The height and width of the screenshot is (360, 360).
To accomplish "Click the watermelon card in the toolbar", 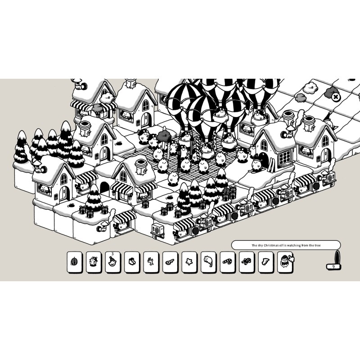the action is point(75,262).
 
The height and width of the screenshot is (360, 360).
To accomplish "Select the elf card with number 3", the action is point(113,262).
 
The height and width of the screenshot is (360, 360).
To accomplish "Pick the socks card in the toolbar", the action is point(132,262).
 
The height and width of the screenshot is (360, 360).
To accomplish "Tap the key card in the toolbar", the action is point(170,262).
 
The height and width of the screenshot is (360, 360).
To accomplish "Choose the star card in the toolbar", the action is point(189,262).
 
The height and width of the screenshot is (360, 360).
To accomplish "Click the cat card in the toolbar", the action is point(208,262).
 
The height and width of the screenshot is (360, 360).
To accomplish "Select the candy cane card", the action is point(228,262).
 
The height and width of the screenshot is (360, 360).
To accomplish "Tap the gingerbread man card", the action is point(247,262).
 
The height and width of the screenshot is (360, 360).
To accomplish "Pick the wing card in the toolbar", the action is point(266,262).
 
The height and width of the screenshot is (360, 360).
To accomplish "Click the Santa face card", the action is point(285,262).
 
